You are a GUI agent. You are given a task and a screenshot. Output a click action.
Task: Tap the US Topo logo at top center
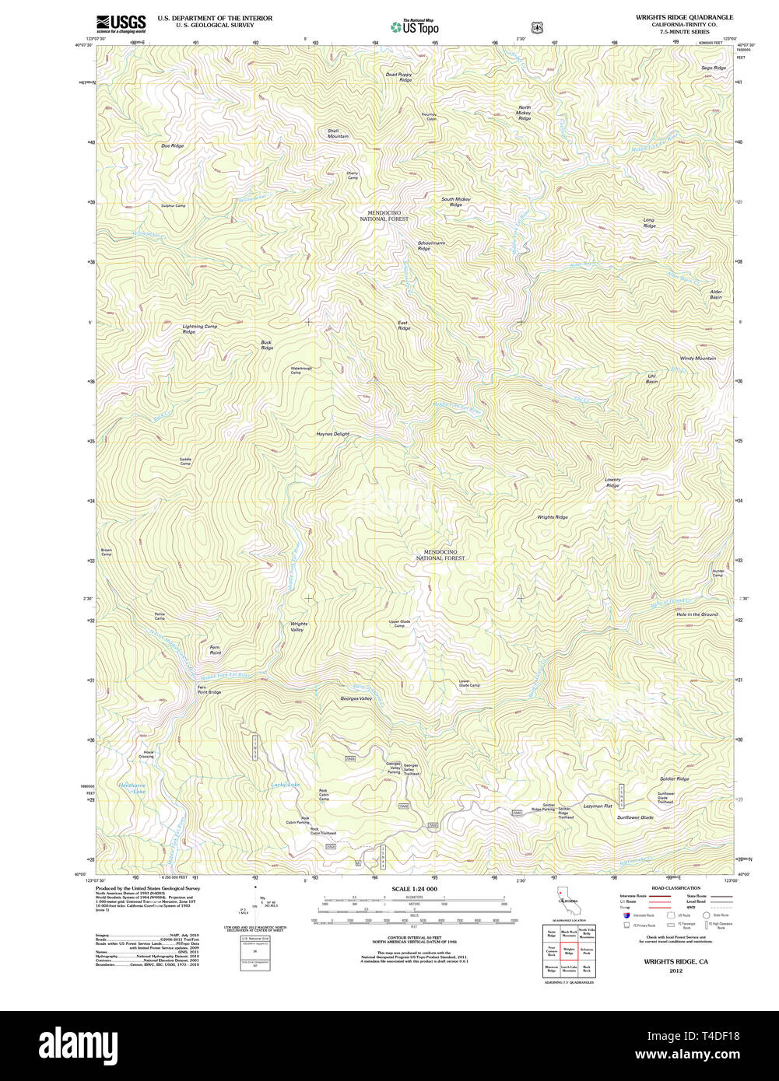(x=414, y=27)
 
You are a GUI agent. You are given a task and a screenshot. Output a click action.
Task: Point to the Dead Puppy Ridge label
(x=398, y=77)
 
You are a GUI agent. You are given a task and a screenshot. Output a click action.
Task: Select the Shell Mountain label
(x=338, y=134)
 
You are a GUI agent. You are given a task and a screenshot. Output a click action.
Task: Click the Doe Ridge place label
(x=172, y=146)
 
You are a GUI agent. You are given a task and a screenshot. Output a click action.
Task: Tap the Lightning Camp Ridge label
(x=199, y=329)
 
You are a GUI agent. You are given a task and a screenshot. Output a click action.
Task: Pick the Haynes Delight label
(x=332, y=434)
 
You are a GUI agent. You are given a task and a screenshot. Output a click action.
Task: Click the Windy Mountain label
(x=697, y=359)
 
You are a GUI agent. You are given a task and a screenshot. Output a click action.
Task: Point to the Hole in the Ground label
(x=697, y=614)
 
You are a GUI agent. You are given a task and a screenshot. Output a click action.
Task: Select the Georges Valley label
(x=356, y=698)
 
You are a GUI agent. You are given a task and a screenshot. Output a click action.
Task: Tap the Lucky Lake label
(x=285, y=785)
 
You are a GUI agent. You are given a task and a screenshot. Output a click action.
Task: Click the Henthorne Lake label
(x=132, y=788)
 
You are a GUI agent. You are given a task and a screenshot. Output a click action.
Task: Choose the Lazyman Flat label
(x=598, y=806)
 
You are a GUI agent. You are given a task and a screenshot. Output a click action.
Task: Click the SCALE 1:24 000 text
(x=414, y=889)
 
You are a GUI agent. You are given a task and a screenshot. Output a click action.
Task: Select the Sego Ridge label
(x=713, y=68)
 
